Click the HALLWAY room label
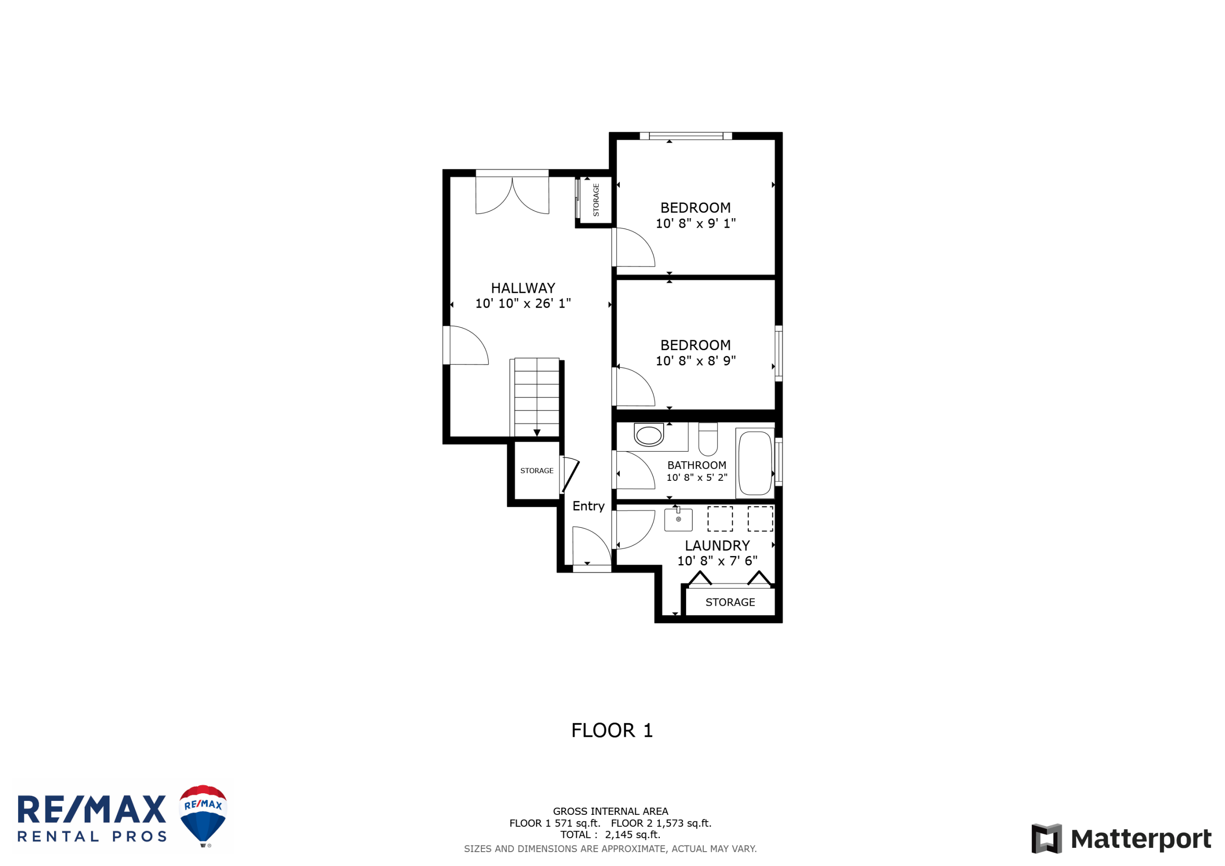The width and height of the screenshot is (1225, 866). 523,288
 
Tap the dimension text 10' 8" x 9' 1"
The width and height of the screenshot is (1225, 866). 696,223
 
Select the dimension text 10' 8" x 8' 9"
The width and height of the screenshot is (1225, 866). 696,361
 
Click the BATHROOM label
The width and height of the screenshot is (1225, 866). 697,465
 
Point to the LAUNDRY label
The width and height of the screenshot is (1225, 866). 717,545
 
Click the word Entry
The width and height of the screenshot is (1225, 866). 589,506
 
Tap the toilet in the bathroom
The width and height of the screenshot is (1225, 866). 708,439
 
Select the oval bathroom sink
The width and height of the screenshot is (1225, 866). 649,435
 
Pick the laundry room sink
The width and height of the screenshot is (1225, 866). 678,519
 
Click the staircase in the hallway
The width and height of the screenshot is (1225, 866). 535,398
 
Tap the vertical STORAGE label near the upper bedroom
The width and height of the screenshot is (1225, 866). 596,200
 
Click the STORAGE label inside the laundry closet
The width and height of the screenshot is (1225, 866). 730,602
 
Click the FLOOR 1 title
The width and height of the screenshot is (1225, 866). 612,731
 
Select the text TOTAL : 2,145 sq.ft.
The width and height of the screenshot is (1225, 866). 611,834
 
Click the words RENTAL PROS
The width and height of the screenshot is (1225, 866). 92,836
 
